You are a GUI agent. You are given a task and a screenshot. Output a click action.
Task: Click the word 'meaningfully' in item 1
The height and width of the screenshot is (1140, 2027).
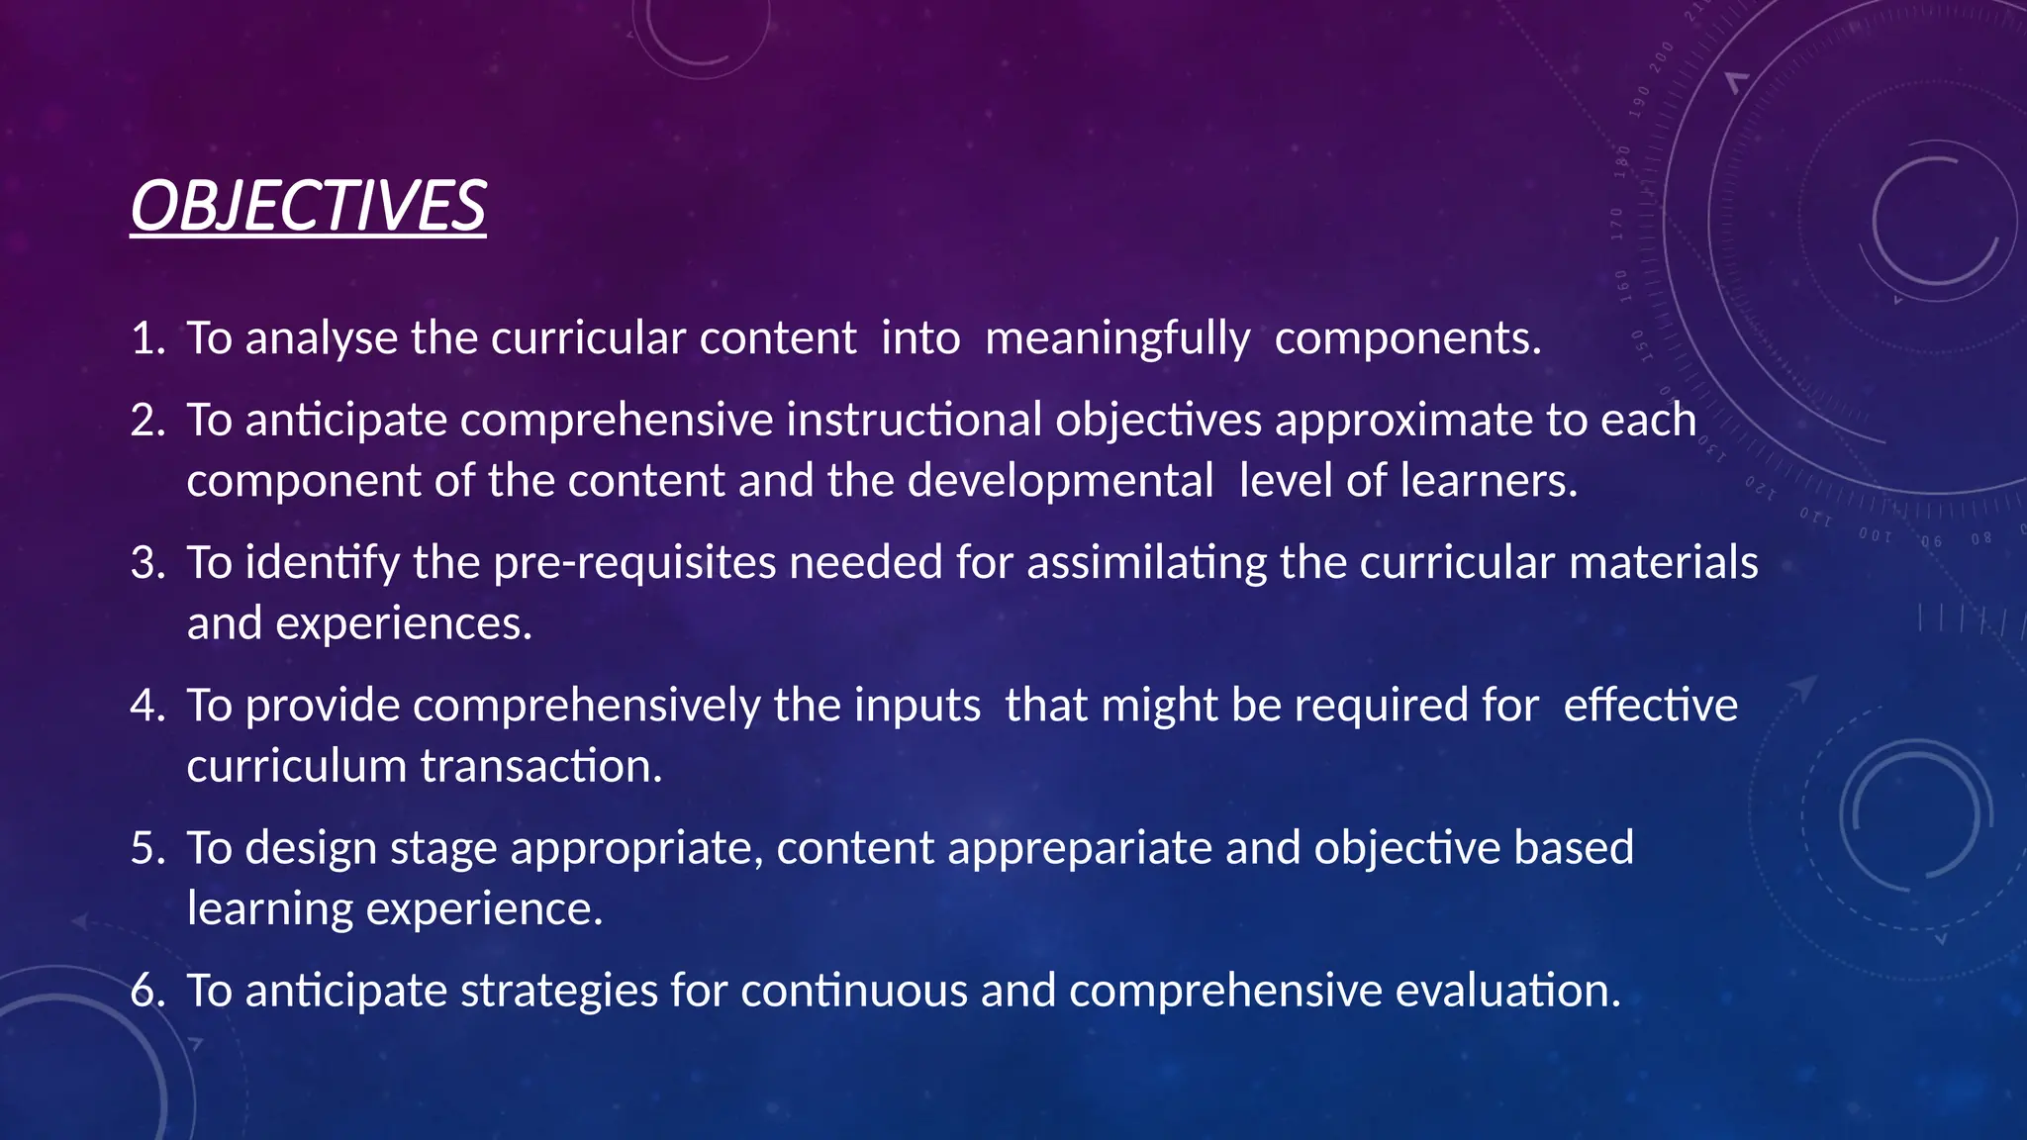click(1117, 338)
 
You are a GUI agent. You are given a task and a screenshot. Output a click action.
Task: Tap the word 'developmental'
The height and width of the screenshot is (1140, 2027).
click(1060, 481)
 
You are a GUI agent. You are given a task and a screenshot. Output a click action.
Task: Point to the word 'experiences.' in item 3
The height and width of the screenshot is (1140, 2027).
click(404, 623)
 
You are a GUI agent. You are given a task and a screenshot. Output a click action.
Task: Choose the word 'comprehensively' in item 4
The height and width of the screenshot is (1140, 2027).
click(587, 706)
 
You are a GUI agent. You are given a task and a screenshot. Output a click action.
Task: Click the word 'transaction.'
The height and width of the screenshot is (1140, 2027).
click(541, 766)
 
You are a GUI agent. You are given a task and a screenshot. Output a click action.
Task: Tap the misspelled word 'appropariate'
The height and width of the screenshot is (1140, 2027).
click(1080, 848)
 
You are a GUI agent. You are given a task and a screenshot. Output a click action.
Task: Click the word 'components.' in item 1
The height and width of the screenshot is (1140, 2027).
click(1407, 338)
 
